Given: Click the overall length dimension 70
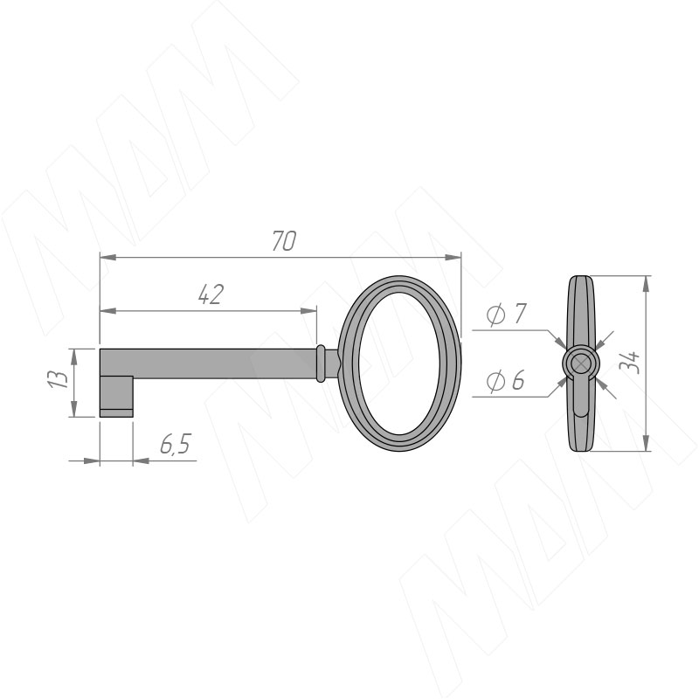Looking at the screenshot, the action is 284,241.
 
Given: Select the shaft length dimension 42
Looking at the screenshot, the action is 211,294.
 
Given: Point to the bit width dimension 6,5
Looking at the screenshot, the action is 176,444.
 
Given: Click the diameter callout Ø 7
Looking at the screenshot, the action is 507,315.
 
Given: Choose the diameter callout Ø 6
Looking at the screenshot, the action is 506,381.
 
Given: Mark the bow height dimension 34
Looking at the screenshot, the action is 630,362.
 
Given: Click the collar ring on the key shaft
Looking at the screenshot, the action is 320,363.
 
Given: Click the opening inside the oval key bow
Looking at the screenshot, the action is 399,363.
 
